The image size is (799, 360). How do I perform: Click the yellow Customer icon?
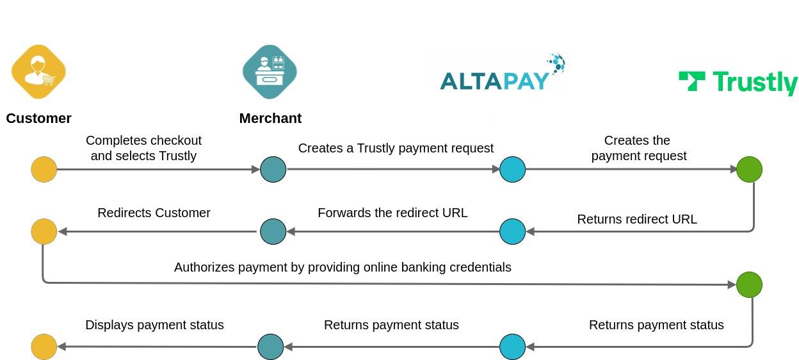[38, 72]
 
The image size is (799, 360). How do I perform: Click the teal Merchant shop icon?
[270, 72]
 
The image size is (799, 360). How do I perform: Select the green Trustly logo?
[738, 83]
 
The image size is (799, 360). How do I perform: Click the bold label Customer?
[38, 119]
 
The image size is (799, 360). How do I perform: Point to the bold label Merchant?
[270, 119]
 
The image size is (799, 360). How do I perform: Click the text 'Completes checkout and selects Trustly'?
[143, 148]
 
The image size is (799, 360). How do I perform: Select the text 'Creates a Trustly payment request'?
[396, 148]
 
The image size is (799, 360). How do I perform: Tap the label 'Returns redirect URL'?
[637, 219]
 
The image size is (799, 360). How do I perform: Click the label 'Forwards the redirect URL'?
[392, 213]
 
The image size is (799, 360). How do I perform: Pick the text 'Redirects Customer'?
[154, 213]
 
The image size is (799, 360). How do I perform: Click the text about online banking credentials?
[343, 267]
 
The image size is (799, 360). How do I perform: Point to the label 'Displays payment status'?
[154, 325]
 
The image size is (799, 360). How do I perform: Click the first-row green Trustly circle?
[749, 170]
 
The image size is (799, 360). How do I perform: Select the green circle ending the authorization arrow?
[749, 284]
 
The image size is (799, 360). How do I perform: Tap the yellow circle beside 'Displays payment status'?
[44, 347]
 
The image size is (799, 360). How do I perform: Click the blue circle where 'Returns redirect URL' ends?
[512, 231]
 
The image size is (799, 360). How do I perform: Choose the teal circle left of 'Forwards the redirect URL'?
[273, 231]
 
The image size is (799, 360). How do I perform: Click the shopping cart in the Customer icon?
[49, 80]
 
